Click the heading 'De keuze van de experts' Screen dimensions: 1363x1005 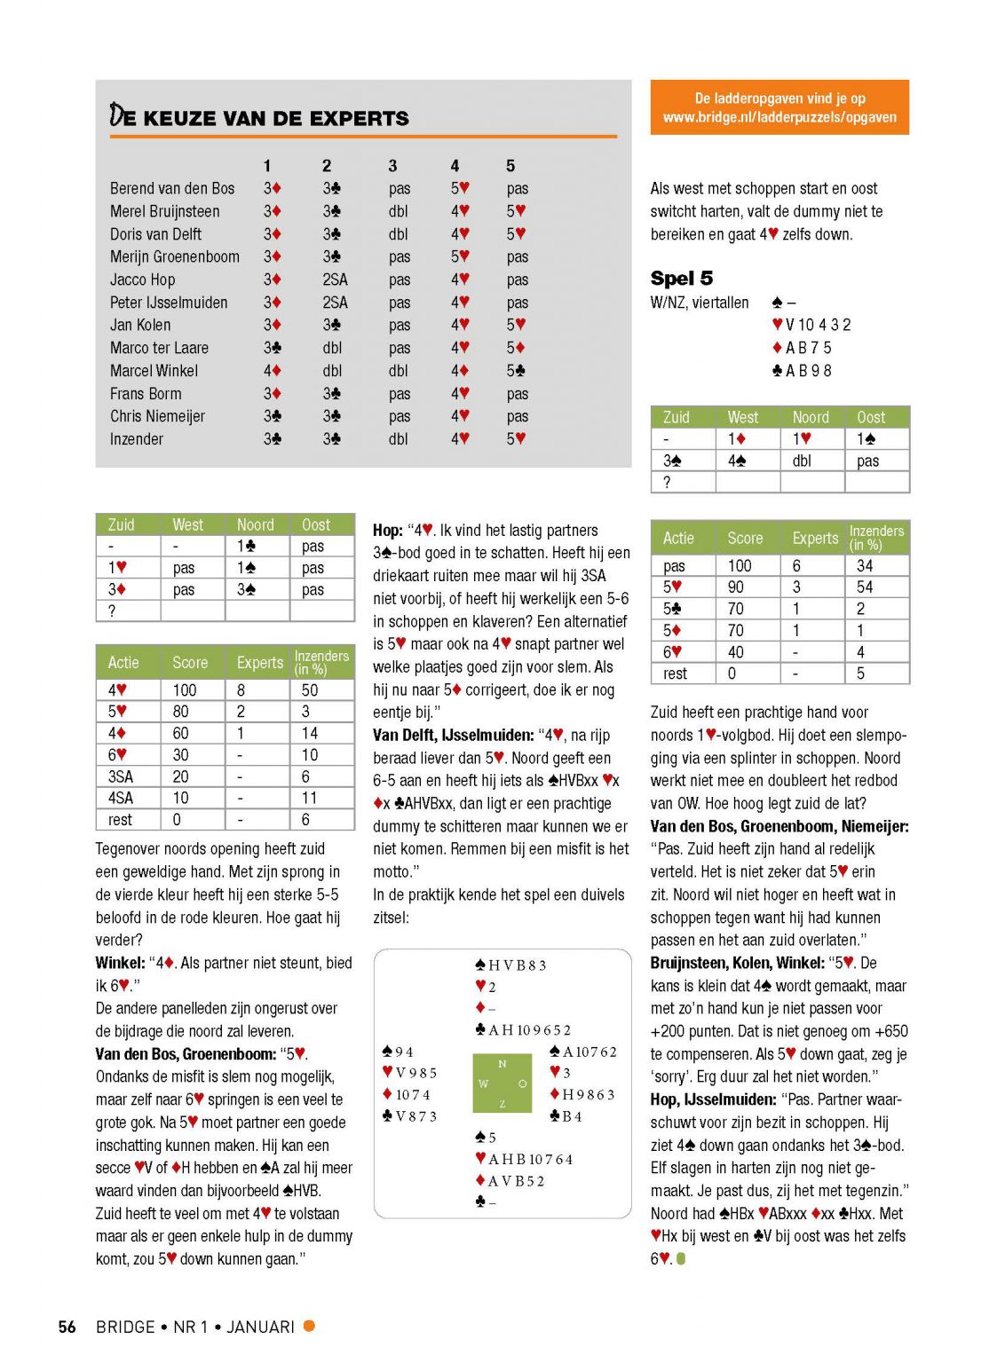pyautogui.click(x=259, y=117)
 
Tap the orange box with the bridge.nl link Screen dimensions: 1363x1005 pyautogui.click(x=779, y=107)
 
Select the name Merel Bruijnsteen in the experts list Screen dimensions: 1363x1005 pyautogui.click(x=164, y=211)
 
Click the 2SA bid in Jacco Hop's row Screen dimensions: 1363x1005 pyautogui.click(x=335, y=280)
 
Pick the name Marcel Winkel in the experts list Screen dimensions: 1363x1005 pyautogui.click(x=154, y=371)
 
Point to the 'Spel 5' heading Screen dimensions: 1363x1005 pyautogui.click(x=681, y=279)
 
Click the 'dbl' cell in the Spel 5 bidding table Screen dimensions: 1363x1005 pyautogui.click(x=802, y=461)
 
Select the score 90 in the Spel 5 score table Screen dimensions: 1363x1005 pyautogui.click(x=736, y=587)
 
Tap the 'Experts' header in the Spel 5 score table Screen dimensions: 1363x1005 pyautogui.click(x=815, y=538)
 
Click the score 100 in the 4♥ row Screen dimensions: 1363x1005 pyautogui.click(x=185, y=690)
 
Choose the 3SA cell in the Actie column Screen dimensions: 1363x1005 pyautogui.click(x=121, y=776)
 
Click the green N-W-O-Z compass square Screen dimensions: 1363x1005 pyautogui.click(x=502, y=1083)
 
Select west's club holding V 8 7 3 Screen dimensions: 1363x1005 pyautogui.click(x=409, y=1116)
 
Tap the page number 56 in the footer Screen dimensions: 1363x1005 pyautogui.click(x=67, y=1327)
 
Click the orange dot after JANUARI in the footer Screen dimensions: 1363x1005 pyautogui.click(x=309, y=1326)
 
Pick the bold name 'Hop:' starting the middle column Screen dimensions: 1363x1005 pyautogui.click(x=388, y=531)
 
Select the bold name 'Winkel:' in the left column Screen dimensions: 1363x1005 pyautogui.click(x=120, y=963)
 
